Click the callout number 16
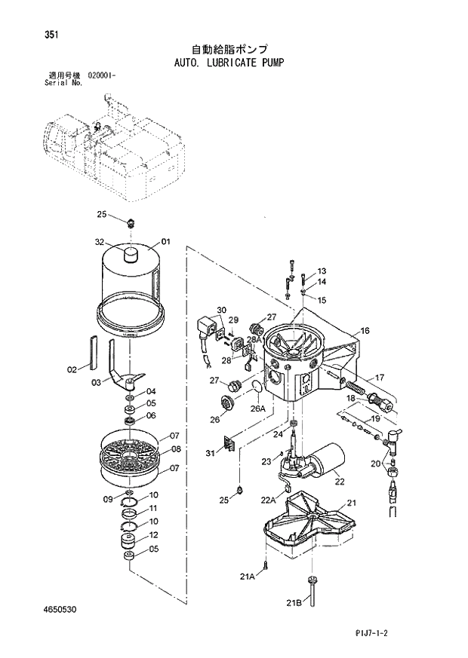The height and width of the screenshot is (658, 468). pos(365,331)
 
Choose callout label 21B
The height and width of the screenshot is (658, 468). pos(293,603)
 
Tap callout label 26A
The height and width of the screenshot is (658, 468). pos(259,409)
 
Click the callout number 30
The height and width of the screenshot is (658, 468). pos(221,310)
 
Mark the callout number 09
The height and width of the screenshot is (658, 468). pos(108,499)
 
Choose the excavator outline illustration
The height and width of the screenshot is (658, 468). pos(113,147)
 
